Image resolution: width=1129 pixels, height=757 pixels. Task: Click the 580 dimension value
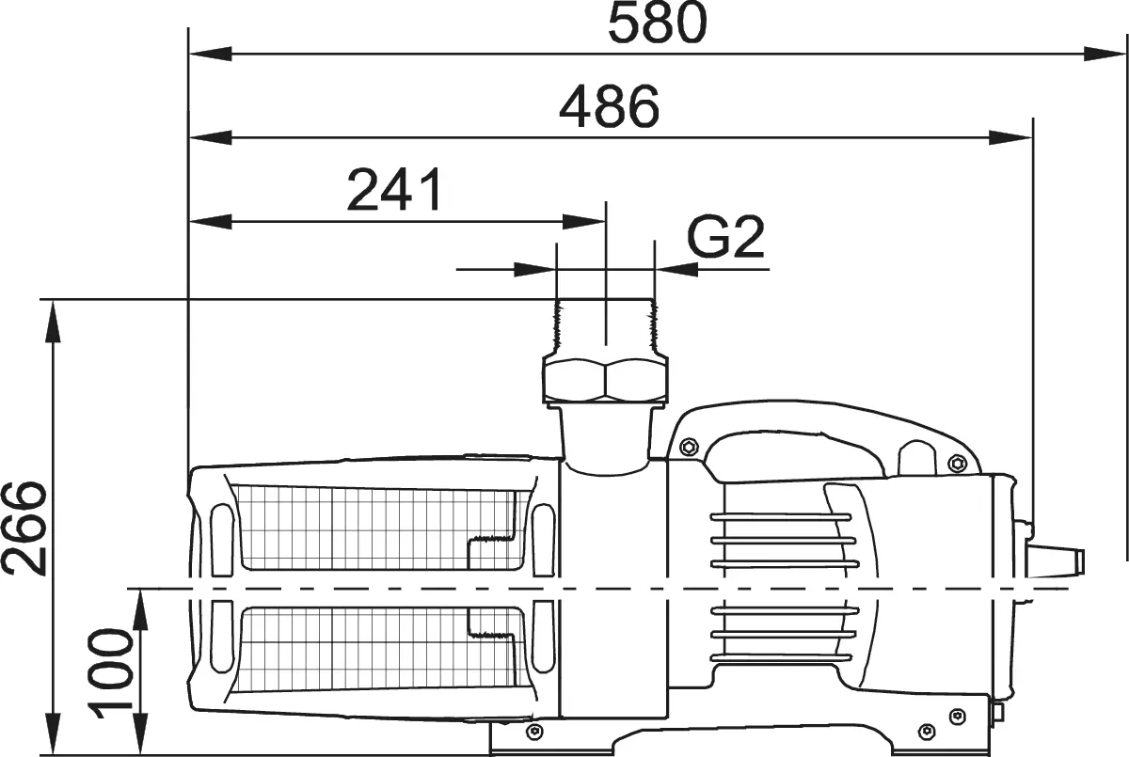pyautogui.click(x=658, y=24)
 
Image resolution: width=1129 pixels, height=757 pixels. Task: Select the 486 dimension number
pyautogui.click(x=609, y=106)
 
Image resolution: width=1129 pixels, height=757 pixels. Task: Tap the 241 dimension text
pyautogui.click(x=394, y=190)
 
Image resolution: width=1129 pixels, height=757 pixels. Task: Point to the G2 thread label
pyautogui.click(x=725, y=237)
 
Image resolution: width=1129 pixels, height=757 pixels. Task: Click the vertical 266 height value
pyautogui.click(x=24, y=528)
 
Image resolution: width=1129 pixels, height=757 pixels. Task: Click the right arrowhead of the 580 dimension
pyautogui.click(x=1105, y=54)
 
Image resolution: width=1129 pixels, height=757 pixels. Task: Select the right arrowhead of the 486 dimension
pyautogui.click(x=1010, y=137)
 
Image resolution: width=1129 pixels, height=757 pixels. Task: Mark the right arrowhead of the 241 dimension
pyautogui.click(x=583, y=222)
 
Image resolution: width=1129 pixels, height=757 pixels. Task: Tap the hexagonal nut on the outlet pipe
pyautogui.click(x=605, y=380)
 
